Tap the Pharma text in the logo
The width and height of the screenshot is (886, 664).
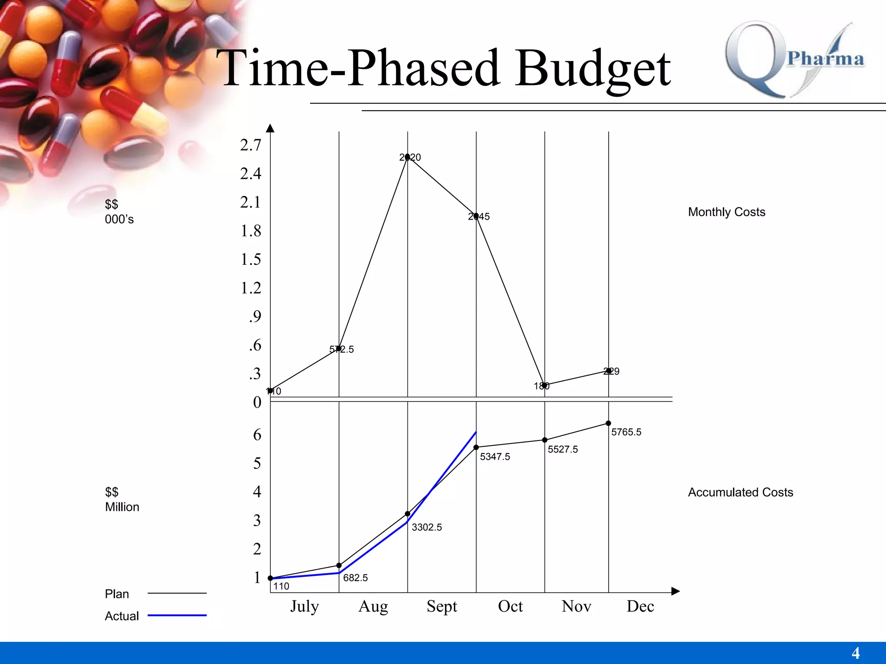(x=825, y=58)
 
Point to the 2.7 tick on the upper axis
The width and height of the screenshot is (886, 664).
(x=251, y=145)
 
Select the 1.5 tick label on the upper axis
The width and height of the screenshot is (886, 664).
(x=251, y=259)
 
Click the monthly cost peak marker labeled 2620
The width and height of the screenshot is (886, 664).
(x=408, y=157)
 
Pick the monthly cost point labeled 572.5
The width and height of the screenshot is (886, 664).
(x=339, y=348)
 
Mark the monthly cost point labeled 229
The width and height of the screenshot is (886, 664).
(x=608, y=370)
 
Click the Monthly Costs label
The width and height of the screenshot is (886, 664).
(x=726, y=212)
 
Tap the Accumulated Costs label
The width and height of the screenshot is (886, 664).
(x=740, y=492)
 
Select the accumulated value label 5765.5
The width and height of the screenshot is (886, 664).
(x=626, y=432)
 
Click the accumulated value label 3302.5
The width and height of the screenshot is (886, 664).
(x=427, y=527)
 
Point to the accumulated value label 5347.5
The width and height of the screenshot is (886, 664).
(x=495, y=457)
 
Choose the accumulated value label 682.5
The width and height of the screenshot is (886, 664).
(x=355, y=578)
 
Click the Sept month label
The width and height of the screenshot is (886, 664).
(x=442, y=607)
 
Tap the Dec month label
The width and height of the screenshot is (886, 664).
(x=640, y=607)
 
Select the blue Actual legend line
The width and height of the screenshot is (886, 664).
(x=177, y=615)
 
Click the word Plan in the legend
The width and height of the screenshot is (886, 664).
(x=117, y=594)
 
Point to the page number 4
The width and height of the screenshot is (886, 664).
(x=855, y=653)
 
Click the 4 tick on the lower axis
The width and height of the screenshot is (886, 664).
(x=257, y=492)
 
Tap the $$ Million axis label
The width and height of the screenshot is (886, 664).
(x=122, y=499)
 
